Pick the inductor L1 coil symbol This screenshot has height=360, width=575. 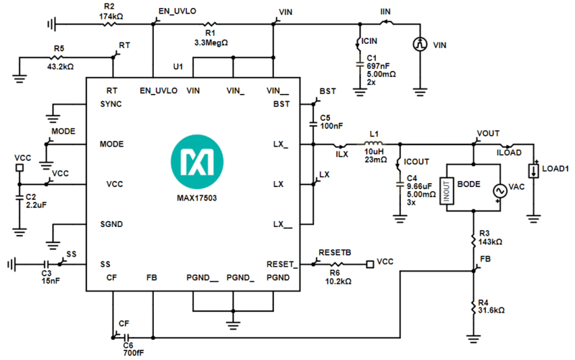tap(373, 144)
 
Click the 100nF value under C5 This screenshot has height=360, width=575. tap(331, 126)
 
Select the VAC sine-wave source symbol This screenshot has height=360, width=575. tap(497, 190)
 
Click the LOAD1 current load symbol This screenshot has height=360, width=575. tap(533, 172)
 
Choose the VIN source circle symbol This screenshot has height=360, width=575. tap(420, 45)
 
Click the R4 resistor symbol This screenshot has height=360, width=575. tap(474, 307)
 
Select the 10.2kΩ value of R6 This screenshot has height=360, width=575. tap(337, 281)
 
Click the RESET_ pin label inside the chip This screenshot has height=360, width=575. tap(280, 264)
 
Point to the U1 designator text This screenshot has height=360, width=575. tap(178, 67)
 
